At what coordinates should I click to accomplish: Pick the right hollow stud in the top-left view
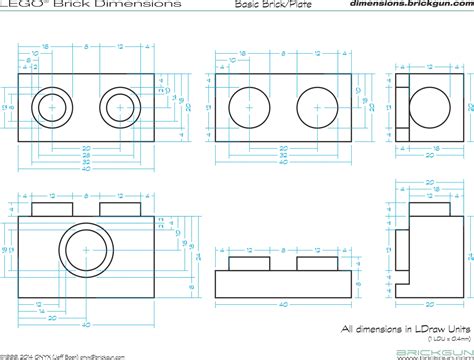point(119,104)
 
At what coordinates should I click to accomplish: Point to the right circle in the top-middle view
point(319,104)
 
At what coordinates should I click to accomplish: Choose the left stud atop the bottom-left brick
point(48,207)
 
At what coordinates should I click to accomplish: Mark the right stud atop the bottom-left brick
point(119,207)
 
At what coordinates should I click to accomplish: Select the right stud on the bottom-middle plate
point(319,261)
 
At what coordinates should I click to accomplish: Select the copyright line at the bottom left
point(60,354)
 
